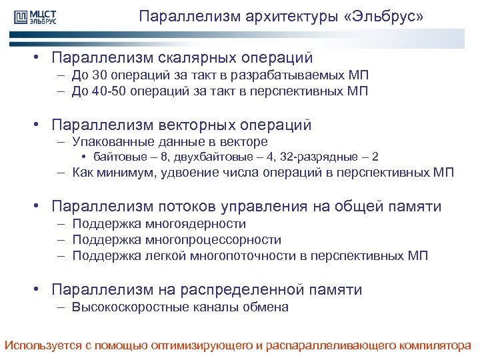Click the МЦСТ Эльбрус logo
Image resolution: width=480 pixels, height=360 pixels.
(33, 17)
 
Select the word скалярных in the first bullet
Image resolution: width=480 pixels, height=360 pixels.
(187, 59)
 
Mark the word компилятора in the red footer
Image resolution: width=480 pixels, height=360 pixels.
(433, 345)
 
